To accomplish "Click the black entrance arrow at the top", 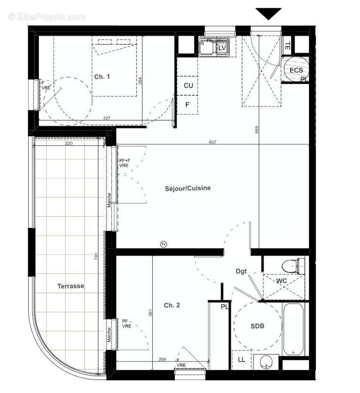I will pos(268,14).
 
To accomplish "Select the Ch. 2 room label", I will pos(171,305).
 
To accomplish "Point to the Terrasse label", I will pos(70,286).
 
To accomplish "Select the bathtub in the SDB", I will pos(295,328).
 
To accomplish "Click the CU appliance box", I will pos(188,85).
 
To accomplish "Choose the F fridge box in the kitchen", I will pos(188,105).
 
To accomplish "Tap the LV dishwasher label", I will pos(222,48).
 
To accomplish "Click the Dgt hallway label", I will pos(241,271).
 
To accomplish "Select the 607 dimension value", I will pos(212,142).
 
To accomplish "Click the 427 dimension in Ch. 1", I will pos(106,118).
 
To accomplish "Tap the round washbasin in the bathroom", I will pos(266,362).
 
